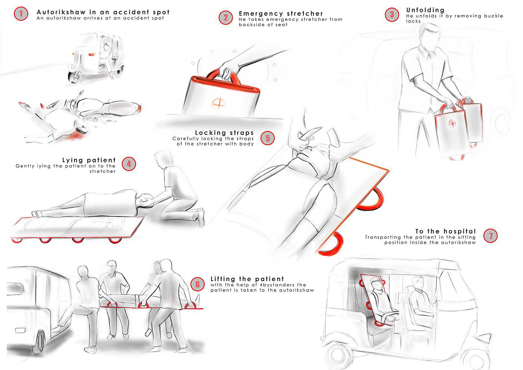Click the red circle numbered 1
tap(21, 14)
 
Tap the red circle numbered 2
tap(226, 18)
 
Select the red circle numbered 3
tap(392, 15)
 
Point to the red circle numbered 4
tap(129, 164)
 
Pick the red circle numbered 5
tap(267, 138)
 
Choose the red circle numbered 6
tap(198, 284)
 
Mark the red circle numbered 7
tap(490, 236)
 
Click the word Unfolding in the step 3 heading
tap(425, 10)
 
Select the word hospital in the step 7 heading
tap(459, 231)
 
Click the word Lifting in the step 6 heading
tap(223, 279)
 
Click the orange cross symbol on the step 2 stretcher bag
tap(218, 104)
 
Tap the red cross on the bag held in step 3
tap(452, 123)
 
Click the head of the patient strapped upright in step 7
tap(376, 284)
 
